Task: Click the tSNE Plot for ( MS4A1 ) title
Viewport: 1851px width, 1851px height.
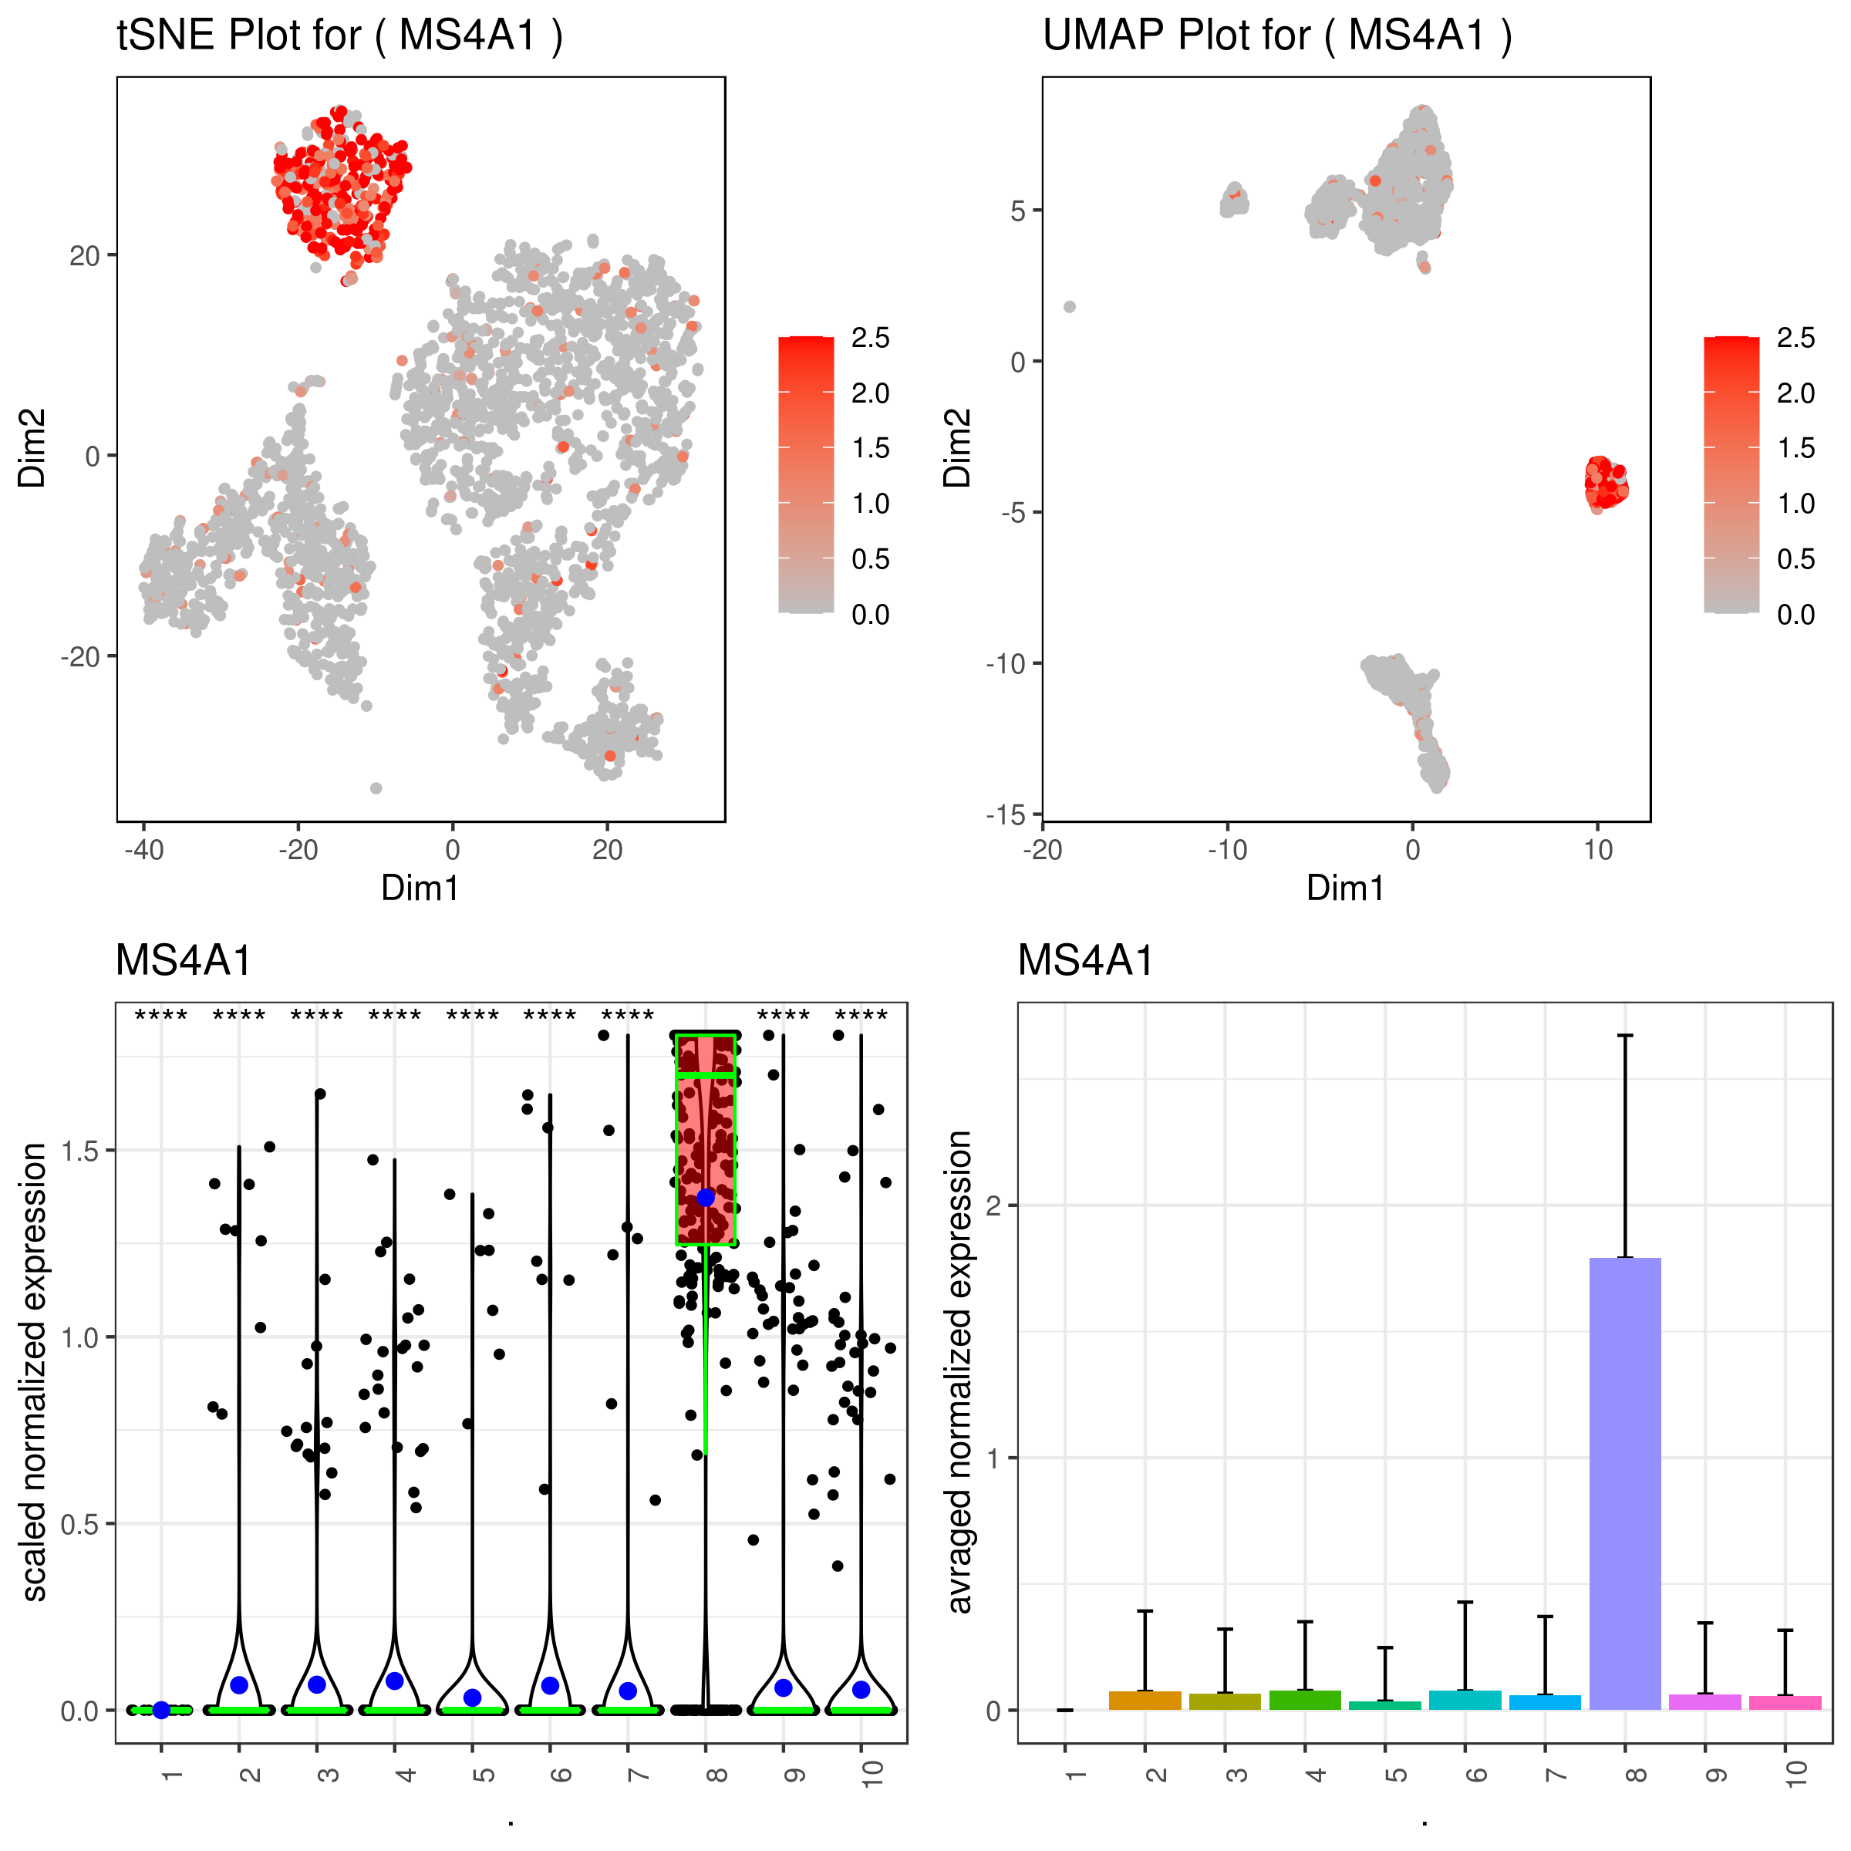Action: tap(339, 36)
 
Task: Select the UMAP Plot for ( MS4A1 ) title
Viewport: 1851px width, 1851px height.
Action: tap(1276, 36)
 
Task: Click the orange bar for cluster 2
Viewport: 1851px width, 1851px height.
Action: tap(1145, 1701)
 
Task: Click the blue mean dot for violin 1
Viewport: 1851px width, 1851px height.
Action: tap(161, 1710)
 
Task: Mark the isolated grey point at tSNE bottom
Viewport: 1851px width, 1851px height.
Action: tap(376, 788)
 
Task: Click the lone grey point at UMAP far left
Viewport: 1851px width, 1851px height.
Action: tap(1070, 307)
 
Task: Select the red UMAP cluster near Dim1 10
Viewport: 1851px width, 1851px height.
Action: tap(1605, 484)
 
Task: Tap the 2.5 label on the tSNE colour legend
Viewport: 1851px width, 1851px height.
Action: tap(870, 339)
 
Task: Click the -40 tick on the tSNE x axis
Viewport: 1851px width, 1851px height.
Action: tap(143, 850)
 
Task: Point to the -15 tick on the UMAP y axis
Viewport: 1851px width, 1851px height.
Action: tap(1005, 814)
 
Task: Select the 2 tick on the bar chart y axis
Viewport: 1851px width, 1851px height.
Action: tap(993, 1205)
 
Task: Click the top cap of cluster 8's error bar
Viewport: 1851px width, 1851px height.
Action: tap(1625, 1036)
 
